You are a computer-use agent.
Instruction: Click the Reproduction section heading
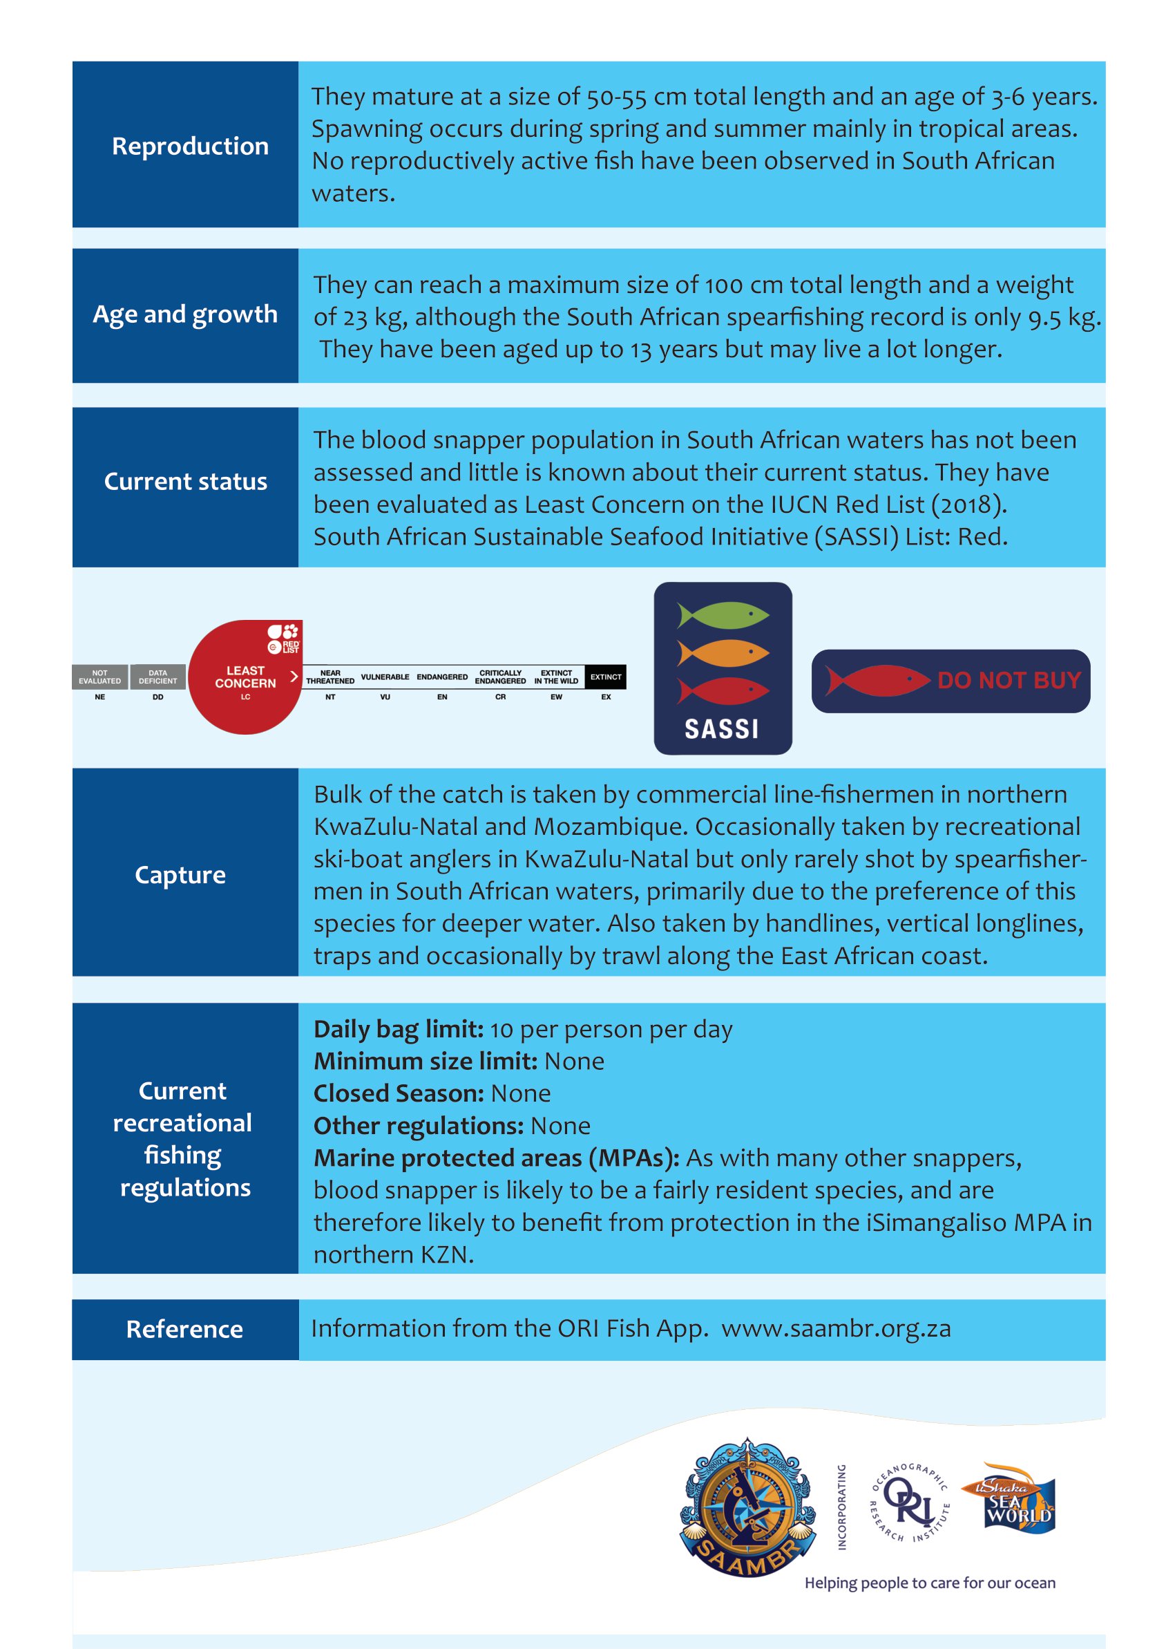(189, 147)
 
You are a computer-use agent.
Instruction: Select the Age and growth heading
(185, 314)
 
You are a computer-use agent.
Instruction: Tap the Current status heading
(185, 482)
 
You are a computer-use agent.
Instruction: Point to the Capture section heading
(180, 874)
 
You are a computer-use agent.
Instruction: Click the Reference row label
(184, 1329)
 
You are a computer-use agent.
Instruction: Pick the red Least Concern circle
(245, 677)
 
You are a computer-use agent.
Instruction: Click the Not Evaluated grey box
(100, 677)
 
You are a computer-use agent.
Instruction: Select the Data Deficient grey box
(157, 677)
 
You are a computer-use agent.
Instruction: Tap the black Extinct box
(606, 677)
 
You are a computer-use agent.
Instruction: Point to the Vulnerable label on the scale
(385, 677)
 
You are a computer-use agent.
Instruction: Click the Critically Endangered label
(500, 677)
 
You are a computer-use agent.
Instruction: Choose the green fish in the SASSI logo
(723, 614)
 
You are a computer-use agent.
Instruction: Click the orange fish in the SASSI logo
(723, 653)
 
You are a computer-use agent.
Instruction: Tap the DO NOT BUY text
(1009, 681)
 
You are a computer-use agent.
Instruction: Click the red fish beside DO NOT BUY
(877, 681)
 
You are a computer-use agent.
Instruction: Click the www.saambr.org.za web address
(836, 1328)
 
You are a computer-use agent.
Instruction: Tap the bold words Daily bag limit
(399, 1028)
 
